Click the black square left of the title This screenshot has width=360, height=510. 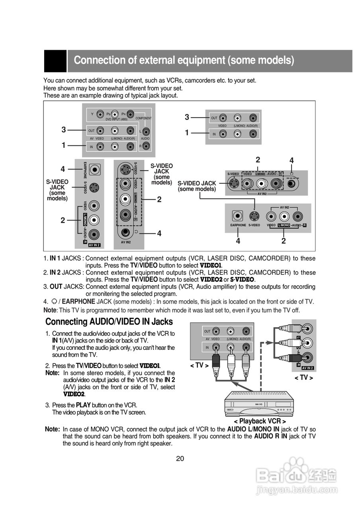55,61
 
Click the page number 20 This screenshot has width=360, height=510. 180,458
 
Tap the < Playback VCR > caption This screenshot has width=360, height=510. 260,421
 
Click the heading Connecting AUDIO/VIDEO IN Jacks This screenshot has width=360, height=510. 109,322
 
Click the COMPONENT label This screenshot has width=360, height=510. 143,118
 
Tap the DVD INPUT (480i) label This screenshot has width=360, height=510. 116,119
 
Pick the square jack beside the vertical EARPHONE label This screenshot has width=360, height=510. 94,169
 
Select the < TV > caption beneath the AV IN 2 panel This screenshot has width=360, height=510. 304,378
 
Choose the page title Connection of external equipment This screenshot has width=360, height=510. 184,61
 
